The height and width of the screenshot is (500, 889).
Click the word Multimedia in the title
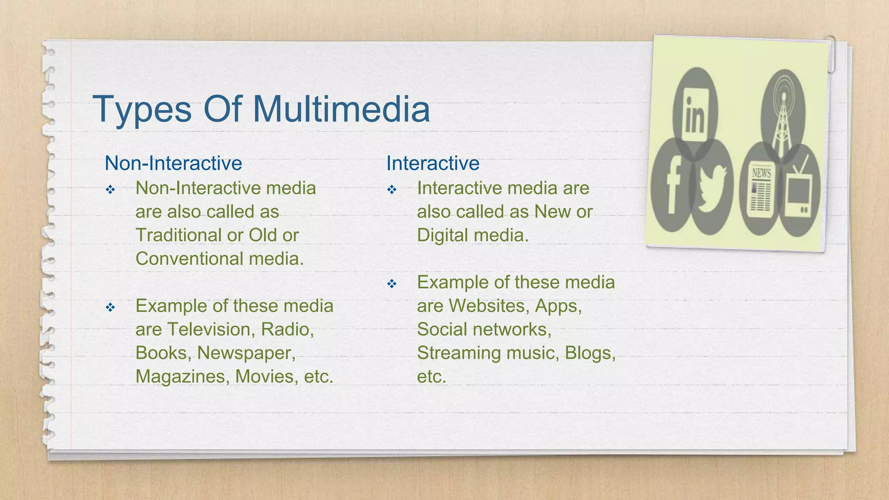pyautogui.click(x=341, y=109)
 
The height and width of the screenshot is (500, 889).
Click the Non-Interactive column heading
pyautogui.click(x=173, y=164)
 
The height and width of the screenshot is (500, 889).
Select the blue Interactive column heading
pyautogui.click(x=433, y=164)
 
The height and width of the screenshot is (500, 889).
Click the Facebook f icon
pyautogui.click(x=672, y=186)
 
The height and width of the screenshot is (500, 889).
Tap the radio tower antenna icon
pyautogui.click(x=783, y=115)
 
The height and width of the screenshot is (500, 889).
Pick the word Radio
pyautogui.click(x=287, y=329)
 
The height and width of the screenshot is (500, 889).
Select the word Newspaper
pyautogui.click(x=246, y=353)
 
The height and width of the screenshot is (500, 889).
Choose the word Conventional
pyautogui.click(x=189, y=259)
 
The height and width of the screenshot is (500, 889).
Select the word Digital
pyautogui.click(x=443, y=236)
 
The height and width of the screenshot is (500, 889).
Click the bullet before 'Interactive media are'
pyautogui.click(x=392, y=190)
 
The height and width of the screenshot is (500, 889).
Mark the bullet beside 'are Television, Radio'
pyautogui.click(x=110, y=308)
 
